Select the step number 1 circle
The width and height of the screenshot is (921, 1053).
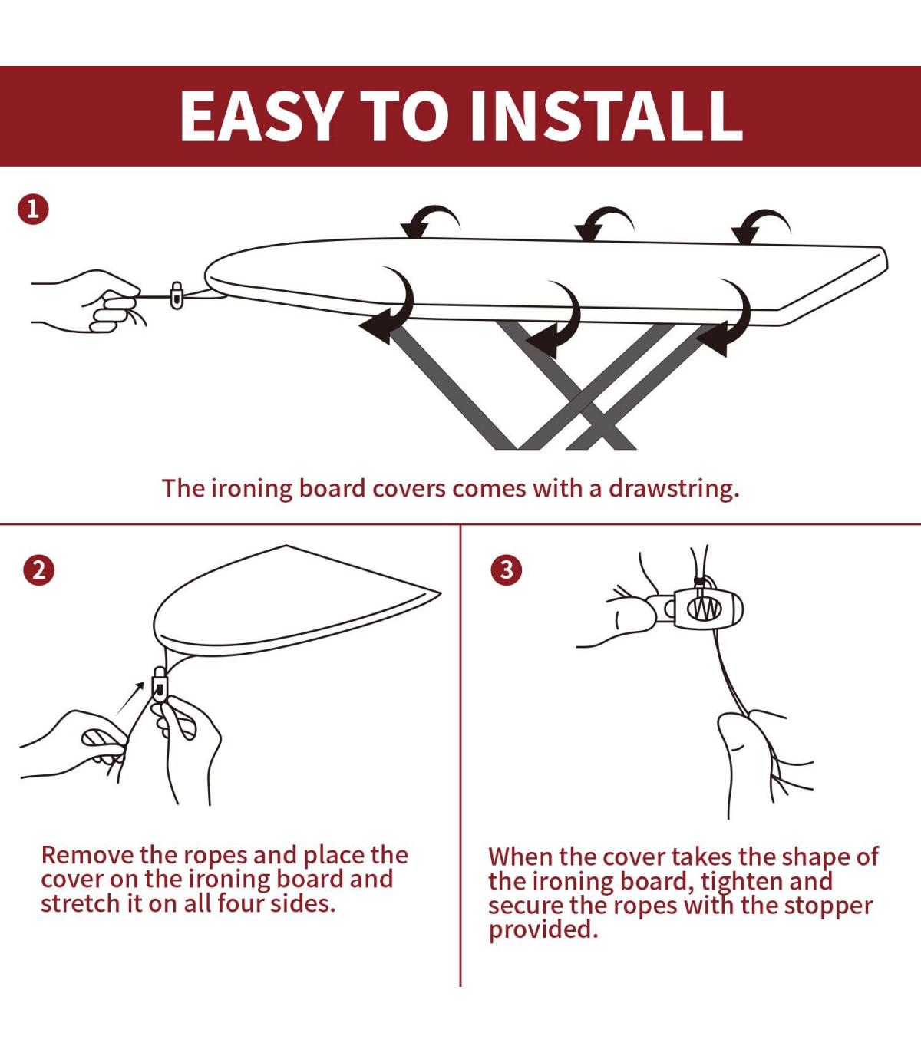tap(33, 210)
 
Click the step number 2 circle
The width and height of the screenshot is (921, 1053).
tap(38, 570)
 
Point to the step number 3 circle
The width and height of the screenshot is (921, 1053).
tap(507, 570)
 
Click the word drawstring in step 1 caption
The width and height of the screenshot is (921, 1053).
tap(674, 488)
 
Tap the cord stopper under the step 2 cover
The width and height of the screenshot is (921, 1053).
tap(160, 684)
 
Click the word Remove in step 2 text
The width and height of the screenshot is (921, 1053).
tap(87, 855)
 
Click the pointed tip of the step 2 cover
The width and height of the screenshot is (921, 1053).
tap(441, 593)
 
